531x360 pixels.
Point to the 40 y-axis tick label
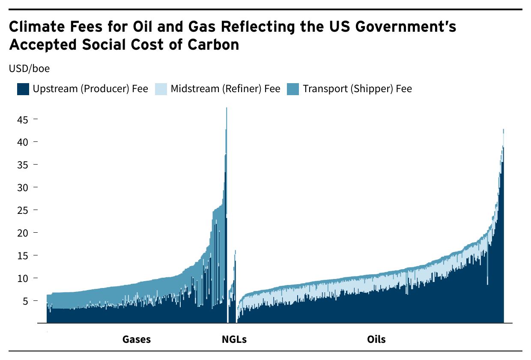tap(23, 142)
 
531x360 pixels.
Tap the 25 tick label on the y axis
tap(23, 210)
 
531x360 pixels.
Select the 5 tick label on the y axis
tap(25, 301)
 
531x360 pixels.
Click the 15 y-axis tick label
tap(23, 255)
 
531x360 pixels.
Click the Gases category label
tap(137, 339)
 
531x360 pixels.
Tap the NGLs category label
tap(234, 339)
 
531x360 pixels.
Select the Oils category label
tap(376, 339)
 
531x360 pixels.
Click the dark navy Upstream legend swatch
tap(23, 89)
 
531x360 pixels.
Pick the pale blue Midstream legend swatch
tap(161, 89)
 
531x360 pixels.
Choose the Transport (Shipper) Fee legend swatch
tap(293, 89)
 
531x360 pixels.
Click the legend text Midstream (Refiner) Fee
tap(225, 89)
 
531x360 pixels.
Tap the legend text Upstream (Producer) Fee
tap(90, 89)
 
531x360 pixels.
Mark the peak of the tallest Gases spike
tap(227, 108)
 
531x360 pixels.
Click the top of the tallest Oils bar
tap(504, 129)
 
